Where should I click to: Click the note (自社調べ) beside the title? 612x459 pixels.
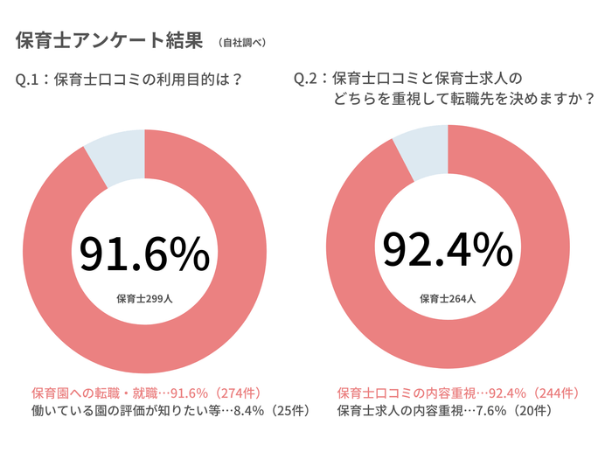(241, 42)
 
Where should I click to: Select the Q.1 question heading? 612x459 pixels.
(129, 80)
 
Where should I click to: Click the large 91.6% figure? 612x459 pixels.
(144, 254)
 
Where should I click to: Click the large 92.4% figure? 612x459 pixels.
(448, 251)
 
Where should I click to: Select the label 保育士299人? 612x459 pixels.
(144, 298)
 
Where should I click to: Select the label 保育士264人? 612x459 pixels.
(448, 298)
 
